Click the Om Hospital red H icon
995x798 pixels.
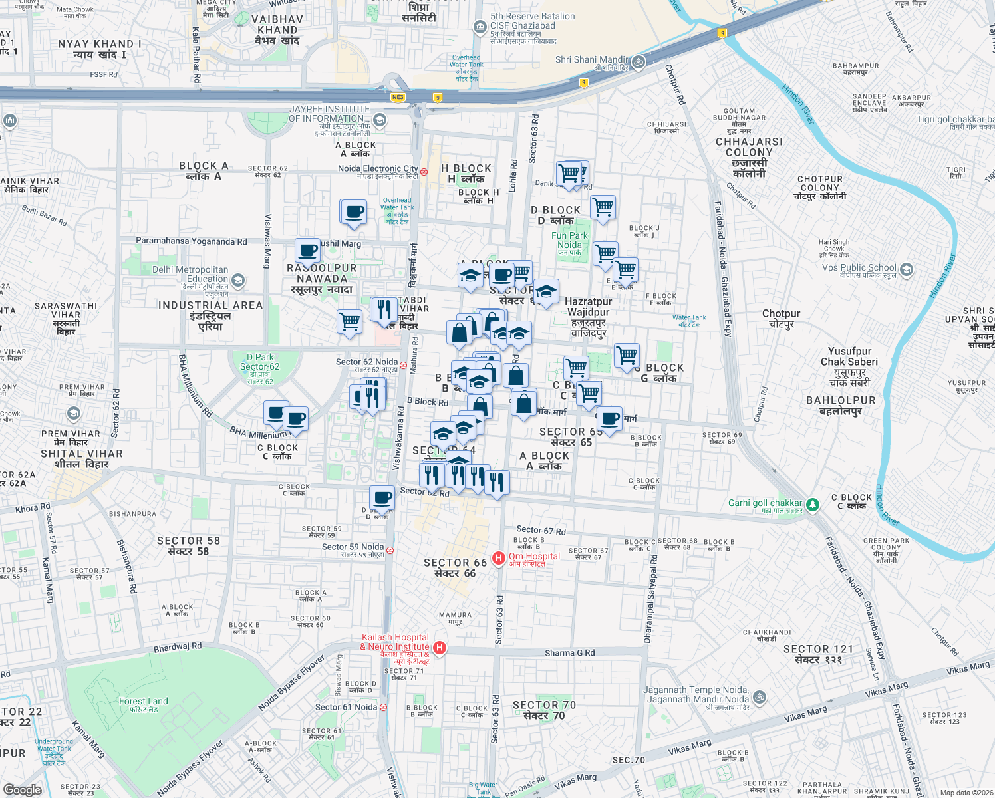pos(499,557)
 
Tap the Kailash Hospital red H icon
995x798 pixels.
pos(439,647)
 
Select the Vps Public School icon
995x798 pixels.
pos(906,270)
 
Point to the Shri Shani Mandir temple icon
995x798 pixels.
pos(638,63)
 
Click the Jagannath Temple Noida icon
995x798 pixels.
pos(760,698)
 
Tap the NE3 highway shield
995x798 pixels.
pos(398,97)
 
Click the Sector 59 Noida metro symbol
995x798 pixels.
pos(390,550)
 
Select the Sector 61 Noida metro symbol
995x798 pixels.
pos(383,707)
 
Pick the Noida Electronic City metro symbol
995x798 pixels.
pos(424,172)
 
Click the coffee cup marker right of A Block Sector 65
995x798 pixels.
pos(609,419)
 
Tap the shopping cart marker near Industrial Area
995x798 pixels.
pos(349,321)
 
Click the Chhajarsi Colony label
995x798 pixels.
pos(749,157)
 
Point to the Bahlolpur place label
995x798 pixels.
pos(841,406)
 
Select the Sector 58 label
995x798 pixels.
pos(188,545)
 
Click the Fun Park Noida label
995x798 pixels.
pos(569,240)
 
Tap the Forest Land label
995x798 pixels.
pos(144,704)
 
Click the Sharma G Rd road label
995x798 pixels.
pos(569,653)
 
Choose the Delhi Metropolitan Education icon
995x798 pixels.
pos(238,281)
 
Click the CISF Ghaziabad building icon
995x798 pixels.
pos(480,27)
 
